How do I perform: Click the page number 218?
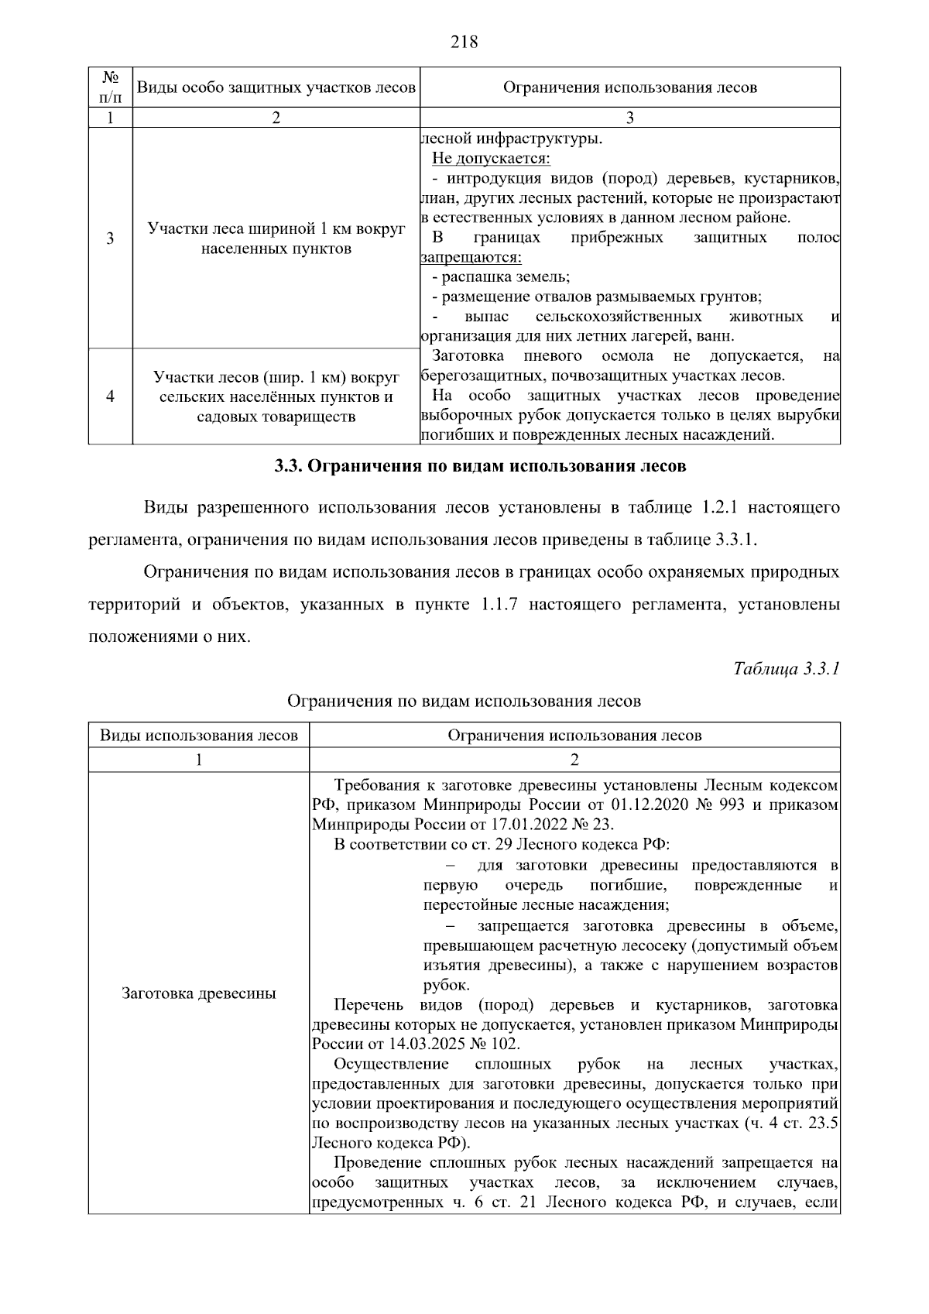click(464, 42)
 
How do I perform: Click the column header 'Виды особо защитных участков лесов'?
click(276, 87)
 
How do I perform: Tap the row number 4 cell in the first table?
click(110, 396)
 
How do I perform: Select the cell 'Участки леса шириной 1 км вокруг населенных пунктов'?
click(276, 238)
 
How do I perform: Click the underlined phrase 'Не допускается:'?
click(491, 159)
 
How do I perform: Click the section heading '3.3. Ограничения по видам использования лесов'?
click(480, 467)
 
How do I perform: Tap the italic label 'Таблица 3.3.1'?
click(786, 668)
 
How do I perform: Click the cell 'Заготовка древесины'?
click(199, 993)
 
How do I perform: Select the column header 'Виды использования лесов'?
click(199, 736)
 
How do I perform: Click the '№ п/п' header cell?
click(110, 87)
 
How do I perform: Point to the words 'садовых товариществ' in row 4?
click(276, 417)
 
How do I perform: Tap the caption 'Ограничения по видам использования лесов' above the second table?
click(464, 702)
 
